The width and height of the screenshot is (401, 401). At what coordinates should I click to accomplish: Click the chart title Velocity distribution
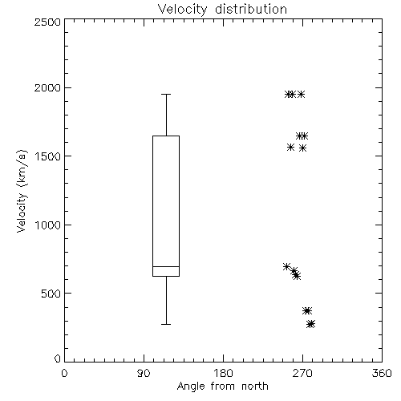pyautogui.click(x=222, y=9)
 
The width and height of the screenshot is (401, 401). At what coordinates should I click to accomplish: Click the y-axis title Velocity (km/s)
pyautogui.click(x=22, y=191)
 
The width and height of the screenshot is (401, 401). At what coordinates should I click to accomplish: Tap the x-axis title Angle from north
pyautogui.click(x=222, y=387)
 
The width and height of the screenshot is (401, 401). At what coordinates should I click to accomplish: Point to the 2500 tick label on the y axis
pyautogui.click(x=47, y=22)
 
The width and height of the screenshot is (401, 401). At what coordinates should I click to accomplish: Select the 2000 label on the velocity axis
pyautogui.click(x=47, y=87)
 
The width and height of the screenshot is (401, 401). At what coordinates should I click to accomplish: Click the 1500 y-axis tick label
pyautogui.click(x=48, y=156)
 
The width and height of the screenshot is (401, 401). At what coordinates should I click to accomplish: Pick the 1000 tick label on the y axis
pyautogui.click(x=48, y=225)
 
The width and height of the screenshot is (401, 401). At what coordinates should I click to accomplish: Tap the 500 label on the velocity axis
pyautogui.click(x=51, y=294)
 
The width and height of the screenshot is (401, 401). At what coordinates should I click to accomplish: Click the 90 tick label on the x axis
pyautogui.click(x=144, y=373)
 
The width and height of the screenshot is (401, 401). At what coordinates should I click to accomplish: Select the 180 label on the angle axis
pyautogui.click(x=222, y=373)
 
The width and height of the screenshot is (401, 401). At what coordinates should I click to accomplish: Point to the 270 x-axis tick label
pyautogui.click(x=302, y=373)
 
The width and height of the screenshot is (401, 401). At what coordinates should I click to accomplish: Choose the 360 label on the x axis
pyautogui.click(x=382, y=373)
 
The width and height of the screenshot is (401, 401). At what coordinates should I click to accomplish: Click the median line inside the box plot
pyautogui.click(x=166, y=266)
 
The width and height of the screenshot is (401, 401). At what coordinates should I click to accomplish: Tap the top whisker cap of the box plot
pyautogui.click(x=166, y=94)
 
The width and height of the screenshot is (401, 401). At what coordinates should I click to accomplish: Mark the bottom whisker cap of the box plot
pyautogui.click(x=166, y=324)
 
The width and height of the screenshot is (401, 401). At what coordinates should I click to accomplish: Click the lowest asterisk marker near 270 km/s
pyautogui.click(x=311, y=324)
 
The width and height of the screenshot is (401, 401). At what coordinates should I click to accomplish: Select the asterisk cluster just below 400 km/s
pyautogui.click(x=307, y=310)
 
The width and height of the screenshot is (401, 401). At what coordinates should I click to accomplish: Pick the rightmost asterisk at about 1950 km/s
pyautogui.click(x=301, y=95)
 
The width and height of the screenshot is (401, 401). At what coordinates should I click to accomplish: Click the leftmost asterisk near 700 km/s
pyautogui.click(x=286, y=266)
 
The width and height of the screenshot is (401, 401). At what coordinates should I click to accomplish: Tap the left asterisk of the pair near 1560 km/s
pyautogui.click(x=290, y=147)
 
